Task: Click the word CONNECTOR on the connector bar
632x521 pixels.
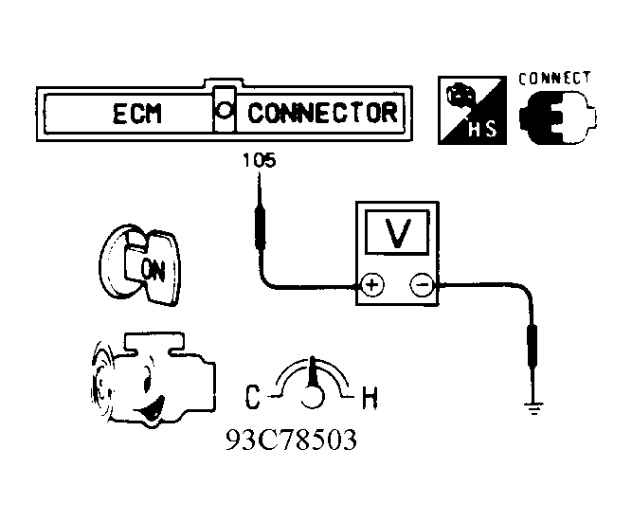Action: [322, 114]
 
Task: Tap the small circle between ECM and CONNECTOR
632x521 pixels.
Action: [224, 110]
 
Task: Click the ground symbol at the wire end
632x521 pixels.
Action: [534, 408]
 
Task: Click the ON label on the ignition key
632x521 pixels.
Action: [154, 269]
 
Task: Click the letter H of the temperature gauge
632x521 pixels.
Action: [370, 398]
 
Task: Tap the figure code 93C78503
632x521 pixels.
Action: [291, 440]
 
